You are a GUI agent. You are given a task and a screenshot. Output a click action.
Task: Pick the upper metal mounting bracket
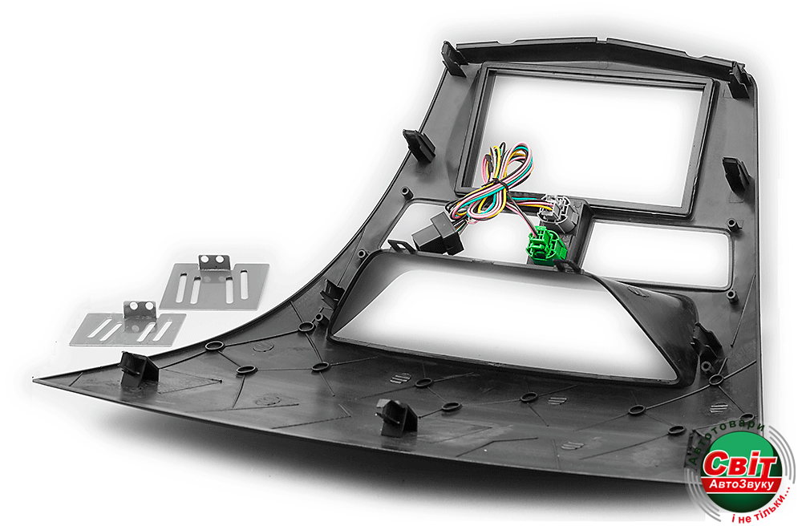[215, 283]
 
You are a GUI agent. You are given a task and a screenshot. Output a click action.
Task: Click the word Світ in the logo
[739, 464]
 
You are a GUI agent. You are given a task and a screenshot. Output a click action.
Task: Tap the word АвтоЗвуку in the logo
[741, 485]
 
